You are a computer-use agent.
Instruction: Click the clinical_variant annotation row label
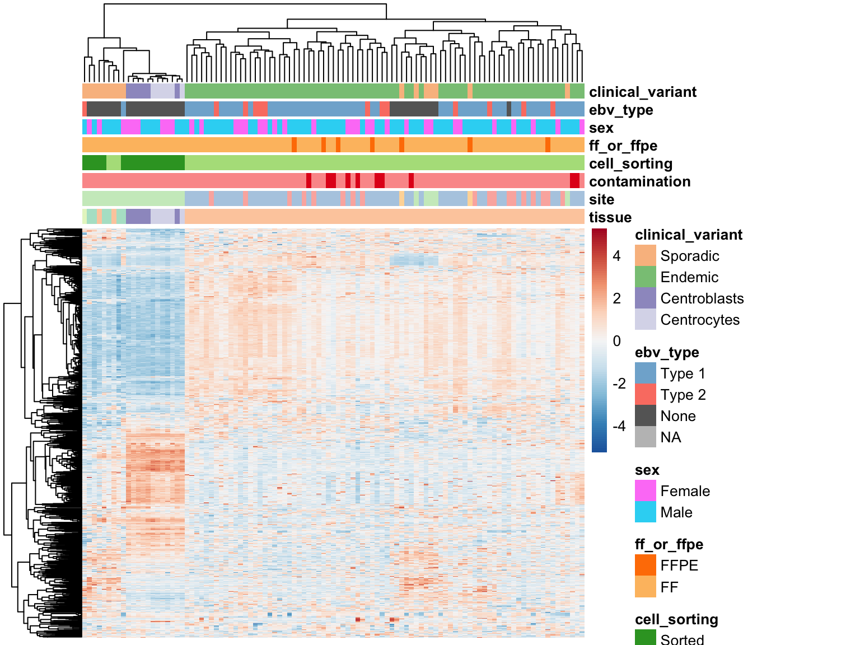pos(642,92)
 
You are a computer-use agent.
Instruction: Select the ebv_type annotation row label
pos(621,110)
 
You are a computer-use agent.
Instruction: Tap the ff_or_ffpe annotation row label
pos(623,146)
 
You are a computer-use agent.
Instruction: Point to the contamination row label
pos(639,181)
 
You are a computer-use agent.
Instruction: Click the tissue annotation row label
pos(610,217)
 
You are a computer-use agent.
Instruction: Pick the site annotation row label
pos(601,199)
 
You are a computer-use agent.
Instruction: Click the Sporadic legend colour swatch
pos(646,256)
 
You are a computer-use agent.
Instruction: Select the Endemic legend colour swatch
pos(646,277)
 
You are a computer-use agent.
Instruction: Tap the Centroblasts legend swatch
pos(646,298)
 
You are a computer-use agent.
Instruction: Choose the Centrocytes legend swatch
pos(646,320)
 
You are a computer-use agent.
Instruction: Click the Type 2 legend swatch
pos(646,395)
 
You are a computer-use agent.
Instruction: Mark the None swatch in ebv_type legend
pos(646,416)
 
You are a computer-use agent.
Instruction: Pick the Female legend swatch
pos(646,491)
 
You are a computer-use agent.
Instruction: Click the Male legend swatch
pos(646,512)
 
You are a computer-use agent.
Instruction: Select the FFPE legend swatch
pos(646,565)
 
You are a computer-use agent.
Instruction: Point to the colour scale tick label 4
pos(617,256)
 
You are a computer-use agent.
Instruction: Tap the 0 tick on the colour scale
pos(617,341)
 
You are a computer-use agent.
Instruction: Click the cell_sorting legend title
pos(676,619)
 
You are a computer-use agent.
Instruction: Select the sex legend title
pos(647,470)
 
